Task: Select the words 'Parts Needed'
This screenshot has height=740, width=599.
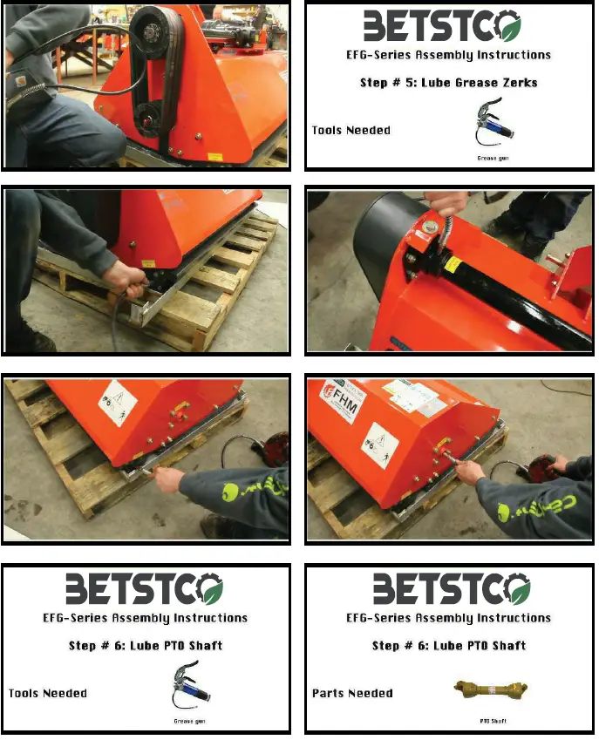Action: (352, 694)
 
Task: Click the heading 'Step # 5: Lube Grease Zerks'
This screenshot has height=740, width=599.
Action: (449, 83)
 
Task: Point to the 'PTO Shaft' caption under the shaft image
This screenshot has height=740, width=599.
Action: (493, 721)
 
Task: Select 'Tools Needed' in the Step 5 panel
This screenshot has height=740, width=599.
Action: (351, 131)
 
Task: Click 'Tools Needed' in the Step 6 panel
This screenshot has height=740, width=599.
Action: (48, 694)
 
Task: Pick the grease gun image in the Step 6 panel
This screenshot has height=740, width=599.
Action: (191, 689)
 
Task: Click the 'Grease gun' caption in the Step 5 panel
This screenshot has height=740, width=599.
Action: (493, 158)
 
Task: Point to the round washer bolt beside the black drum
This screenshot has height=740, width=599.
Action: (431, 229)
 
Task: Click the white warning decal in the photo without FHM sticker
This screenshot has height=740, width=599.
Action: (117, 400)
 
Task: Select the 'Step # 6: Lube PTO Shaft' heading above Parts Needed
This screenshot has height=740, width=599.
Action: (449, 646)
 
